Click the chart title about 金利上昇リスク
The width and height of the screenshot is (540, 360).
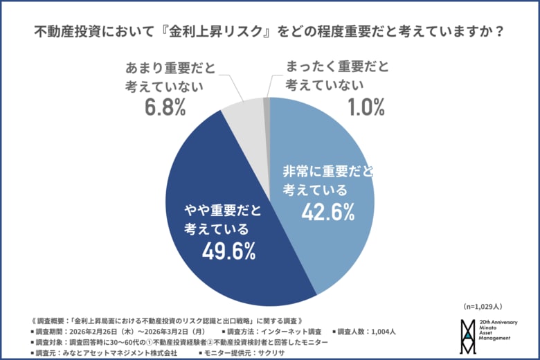click(269, 32)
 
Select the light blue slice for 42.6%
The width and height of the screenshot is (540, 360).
click(332, 152)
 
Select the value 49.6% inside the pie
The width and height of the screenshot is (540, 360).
click(228, 251)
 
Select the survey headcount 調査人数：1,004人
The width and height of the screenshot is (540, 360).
click(365, 331)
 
